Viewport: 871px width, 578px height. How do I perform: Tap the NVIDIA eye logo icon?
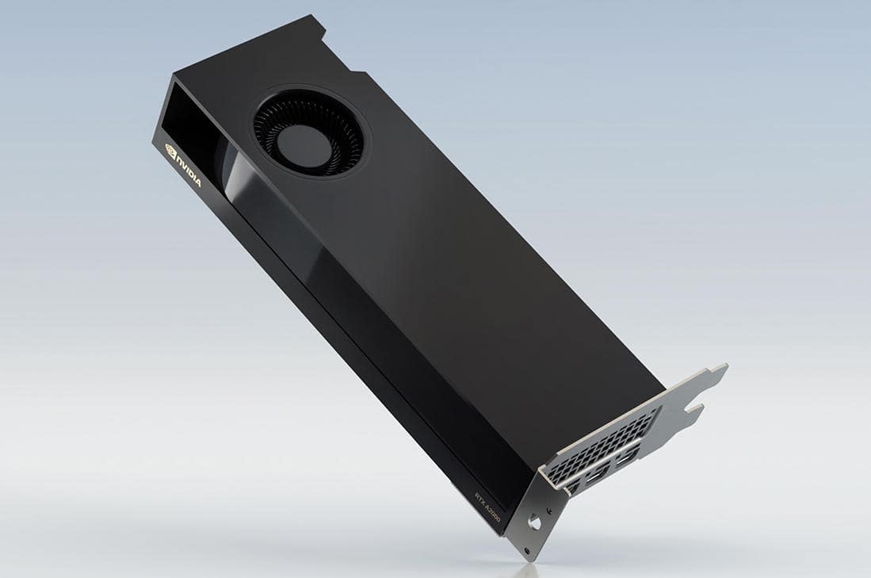pyautogui.click(x=170, y=150)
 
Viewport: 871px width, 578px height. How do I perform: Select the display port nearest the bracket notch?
pyautogui.click(x=627, y=459)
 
